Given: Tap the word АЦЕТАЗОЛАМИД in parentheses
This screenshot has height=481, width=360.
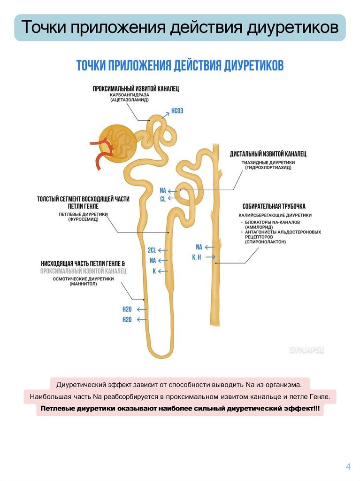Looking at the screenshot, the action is tap(129, 100).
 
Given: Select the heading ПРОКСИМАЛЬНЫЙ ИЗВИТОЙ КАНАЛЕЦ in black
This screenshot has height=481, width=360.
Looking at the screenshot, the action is tap(136, 88).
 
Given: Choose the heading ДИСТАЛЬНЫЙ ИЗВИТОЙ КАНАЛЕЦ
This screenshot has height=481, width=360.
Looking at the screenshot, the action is tap(268, 154).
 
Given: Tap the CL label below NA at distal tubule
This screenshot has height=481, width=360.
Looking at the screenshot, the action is tap(163, 199).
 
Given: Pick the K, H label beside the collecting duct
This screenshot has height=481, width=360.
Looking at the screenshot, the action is tap(197, 257).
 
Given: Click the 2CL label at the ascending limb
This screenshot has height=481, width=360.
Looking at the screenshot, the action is tap(152, 250).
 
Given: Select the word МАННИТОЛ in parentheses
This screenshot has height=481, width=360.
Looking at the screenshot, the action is tap(85, 284).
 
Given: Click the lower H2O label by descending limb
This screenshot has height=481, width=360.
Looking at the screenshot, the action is tap(127, 319).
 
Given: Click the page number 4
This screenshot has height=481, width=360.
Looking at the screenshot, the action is tap(348, 466).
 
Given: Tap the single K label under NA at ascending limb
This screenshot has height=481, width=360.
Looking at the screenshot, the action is tap(153, 271).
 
